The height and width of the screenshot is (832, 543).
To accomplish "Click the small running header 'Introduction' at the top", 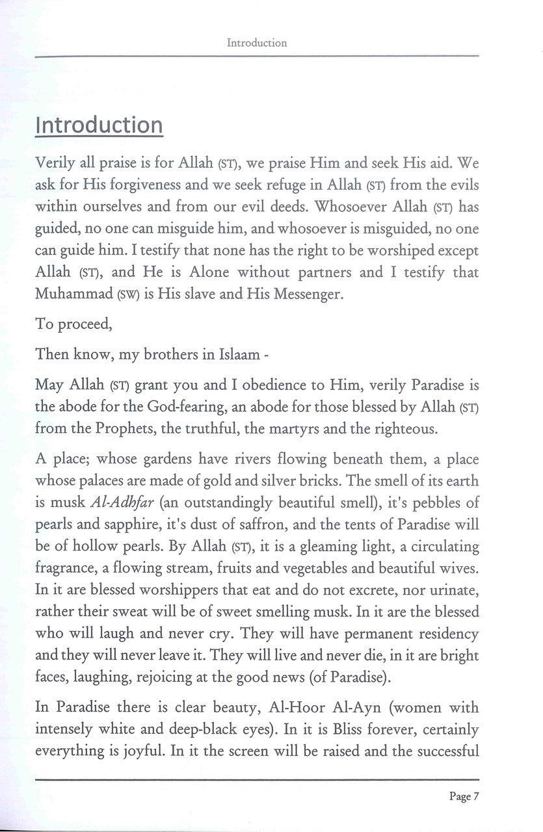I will tap(257, 43).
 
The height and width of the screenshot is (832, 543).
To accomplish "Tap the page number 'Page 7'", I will tap(464, 796).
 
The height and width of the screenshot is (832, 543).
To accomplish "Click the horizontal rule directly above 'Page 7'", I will tap(257, 779).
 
